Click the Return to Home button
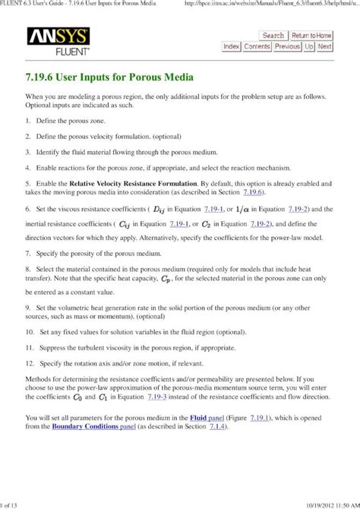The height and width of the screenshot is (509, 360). click(311, 35)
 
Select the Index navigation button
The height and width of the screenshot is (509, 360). click(231, 46)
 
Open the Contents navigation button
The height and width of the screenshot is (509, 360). click(257, 46)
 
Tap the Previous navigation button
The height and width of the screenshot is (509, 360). click(287, 46)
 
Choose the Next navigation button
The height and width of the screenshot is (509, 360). click(325, 46)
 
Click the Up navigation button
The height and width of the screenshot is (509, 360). click(309, 46)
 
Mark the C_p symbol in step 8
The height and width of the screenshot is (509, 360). click(188, 280)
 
